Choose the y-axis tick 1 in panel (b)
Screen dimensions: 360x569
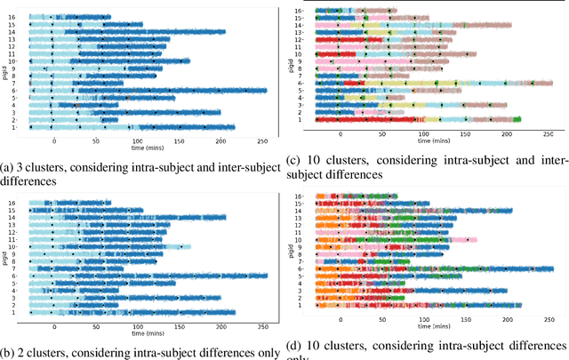pyautogui.click(x=12, y=312)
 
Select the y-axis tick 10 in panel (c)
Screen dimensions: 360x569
pyautogui.click(x=298, y=54)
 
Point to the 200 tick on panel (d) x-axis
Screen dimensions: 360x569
pyautogui.click(x=507, y=319)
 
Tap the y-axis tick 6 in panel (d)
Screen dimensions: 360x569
pyautogui.click(x=300, y=268)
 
